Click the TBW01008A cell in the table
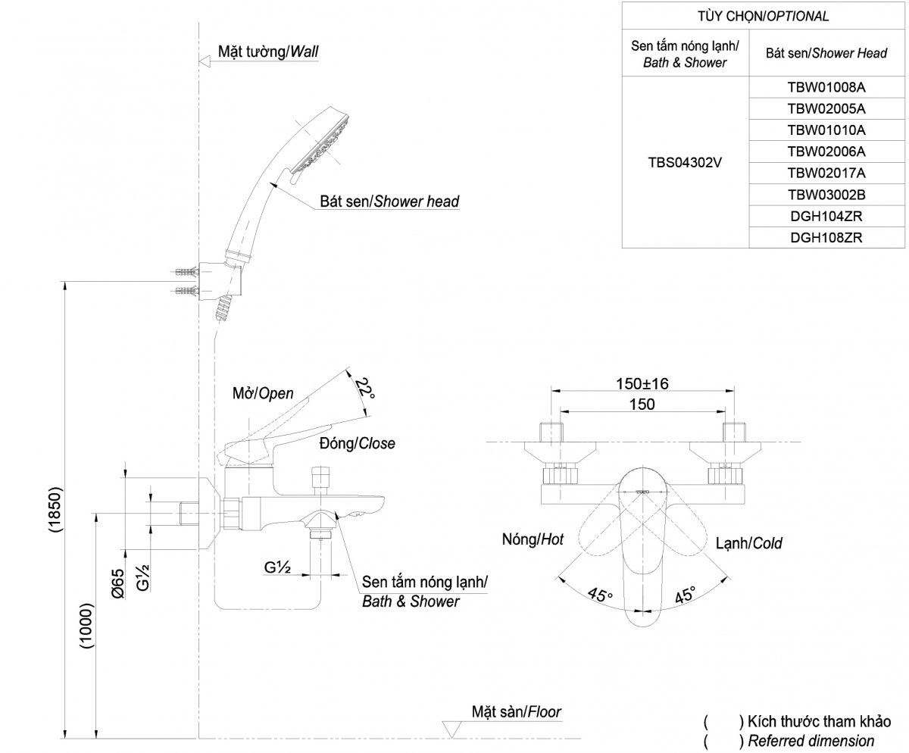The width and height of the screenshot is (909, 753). [x=826, y=86]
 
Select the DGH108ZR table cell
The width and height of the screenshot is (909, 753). [x=826, y=237]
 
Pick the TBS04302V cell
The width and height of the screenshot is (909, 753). [x=685, y=161]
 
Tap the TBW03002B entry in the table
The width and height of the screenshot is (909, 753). [x=826, y=194]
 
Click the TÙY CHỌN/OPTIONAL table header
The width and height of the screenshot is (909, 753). [x=764, y=16]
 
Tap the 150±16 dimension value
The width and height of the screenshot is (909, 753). [x=642, y=383]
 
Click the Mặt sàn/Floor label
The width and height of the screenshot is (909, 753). [x=516, y=712]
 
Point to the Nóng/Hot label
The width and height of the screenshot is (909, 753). [x=533, y=540]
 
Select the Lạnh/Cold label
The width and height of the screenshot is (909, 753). [x=748, y=542]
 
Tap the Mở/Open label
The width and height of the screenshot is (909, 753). [x=262, y=394]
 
